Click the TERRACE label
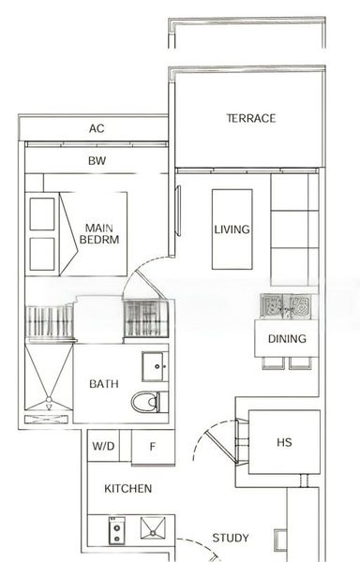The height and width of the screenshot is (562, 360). coord(250,118)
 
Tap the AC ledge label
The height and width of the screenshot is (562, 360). coord(96,128)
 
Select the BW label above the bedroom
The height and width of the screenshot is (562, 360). coord(96,160)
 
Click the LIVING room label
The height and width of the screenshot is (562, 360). coord(231,229)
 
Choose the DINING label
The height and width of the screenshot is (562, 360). coord(286,339)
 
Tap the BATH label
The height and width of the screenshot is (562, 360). coord(103,384)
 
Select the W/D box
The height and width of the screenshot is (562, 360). coord(104,447)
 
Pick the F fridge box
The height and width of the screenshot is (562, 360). coord(152,447)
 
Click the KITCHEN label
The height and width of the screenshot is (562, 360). coord(127,489)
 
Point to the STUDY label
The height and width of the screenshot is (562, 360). coord(230,538)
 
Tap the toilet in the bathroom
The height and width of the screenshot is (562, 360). coord(145,402)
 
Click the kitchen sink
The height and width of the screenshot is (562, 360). coord(153,530)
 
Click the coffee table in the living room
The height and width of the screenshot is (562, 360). coord(232,229)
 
